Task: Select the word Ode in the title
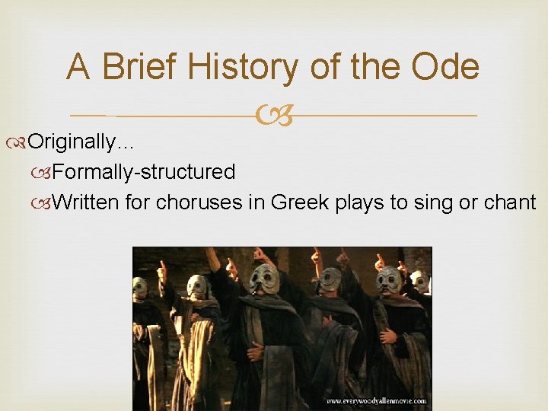(445, 67)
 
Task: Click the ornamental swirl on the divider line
(273, 116)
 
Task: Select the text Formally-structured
(145, 172)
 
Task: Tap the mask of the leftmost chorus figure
(141, 288)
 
